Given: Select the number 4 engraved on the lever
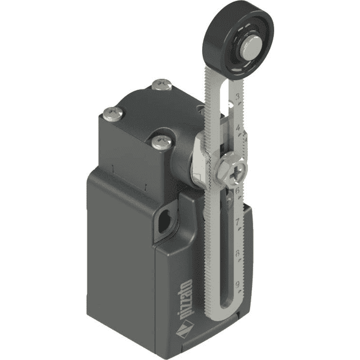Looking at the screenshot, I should click(239, 127).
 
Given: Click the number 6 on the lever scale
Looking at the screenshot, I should click(239, 191).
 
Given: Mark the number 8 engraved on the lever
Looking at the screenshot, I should click(239, 253).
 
